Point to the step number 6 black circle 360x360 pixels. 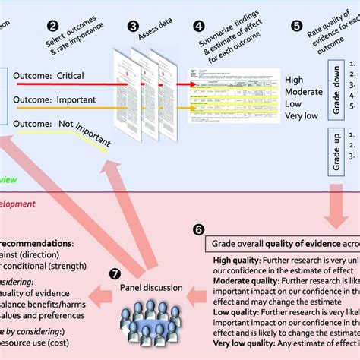(x=198, y=228)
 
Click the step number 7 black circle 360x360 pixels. (x=115, y=273)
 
